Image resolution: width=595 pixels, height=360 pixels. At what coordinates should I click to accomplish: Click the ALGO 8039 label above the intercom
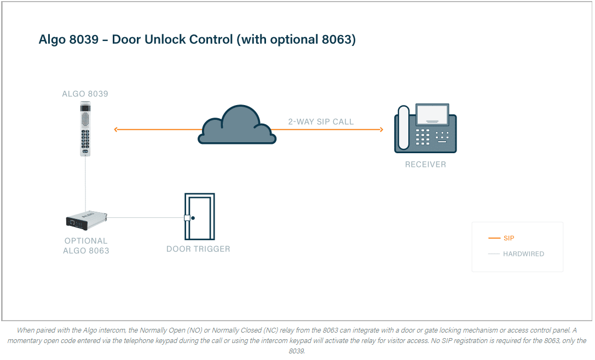(85, 94)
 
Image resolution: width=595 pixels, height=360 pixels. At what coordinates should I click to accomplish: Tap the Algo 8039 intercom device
(85, 129)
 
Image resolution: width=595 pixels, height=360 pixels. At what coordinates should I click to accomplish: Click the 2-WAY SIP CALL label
(321, 122)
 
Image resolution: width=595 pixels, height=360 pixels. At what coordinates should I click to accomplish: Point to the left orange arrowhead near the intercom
(115, 130)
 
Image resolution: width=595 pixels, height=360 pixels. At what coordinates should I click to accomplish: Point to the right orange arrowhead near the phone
(382, 130)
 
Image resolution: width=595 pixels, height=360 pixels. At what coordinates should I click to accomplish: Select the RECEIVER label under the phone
(425, 165)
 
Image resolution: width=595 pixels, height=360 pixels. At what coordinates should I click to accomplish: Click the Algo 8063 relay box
(86, 220)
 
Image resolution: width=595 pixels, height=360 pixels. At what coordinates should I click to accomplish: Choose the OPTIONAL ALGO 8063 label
(86, 246)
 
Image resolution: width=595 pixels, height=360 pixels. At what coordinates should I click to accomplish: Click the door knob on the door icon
(193, 218)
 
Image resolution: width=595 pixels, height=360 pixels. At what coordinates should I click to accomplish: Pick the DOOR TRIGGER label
(198, 249)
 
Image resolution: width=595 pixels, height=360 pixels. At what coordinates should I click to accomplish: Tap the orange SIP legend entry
(501, 238)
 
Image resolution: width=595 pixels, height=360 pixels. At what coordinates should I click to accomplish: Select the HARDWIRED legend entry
(516, 254)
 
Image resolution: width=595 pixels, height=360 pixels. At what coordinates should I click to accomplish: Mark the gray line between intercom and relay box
(85, 184)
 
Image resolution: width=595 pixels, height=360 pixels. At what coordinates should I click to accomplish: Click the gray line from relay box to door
(146, 218)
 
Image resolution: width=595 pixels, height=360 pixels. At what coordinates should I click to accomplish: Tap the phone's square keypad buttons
(423, 137)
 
